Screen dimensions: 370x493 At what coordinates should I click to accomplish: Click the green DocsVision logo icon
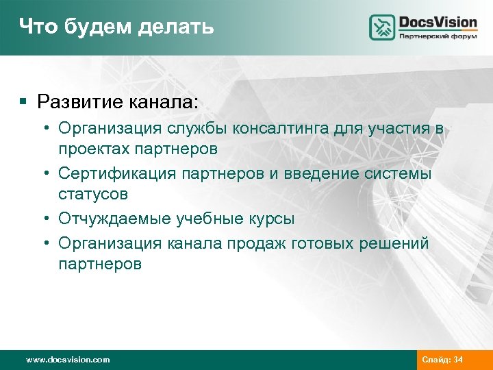382,27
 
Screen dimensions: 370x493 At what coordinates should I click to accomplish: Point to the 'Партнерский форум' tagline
438,37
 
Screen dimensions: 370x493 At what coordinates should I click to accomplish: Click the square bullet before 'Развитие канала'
23,102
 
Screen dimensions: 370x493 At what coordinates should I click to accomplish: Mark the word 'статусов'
93,195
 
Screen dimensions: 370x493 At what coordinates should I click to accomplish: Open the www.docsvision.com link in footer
67,360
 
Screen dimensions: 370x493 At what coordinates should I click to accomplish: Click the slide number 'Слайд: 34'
443,360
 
